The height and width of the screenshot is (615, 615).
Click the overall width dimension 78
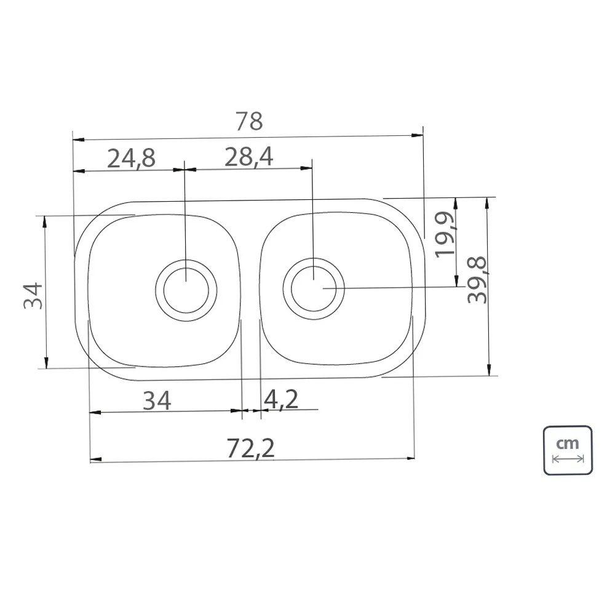(x=249, y=122)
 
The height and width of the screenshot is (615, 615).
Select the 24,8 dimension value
(x=132, y=159)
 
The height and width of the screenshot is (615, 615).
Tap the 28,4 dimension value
(x=248, y=157)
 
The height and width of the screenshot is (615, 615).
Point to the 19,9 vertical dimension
(x=445, y=234)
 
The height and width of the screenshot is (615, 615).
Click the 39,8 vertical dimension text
(x=477, y=280)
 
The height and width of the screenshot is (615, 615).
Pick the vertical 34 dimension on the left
(x=33, y=296)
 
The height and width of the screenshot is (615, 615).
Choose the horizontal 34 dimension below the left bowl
(x=157, y=401)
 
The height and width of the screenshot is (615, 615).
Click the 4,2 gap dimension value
(x=281, y=400)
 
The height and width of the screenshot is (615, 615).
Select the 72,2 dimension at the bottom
(x=251, y=448)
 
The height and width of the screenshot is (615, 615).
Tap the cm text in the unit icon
(x=568, y=443)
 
